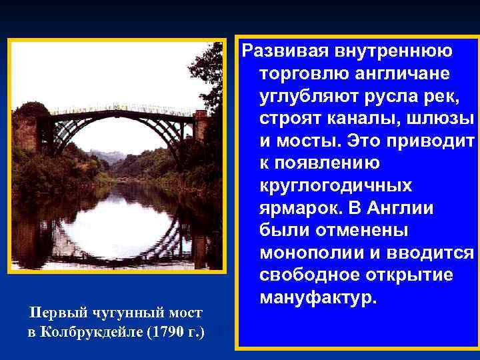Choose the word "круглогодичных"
[335, 187]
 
